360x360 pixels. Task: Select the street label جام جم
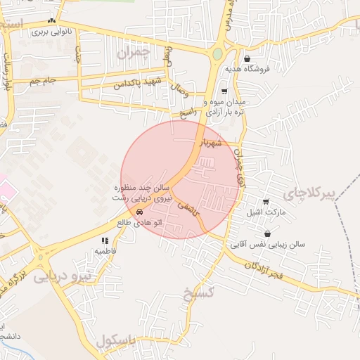[x=43, y=82]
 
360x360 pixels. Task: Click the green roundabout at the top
[x=217, y=53]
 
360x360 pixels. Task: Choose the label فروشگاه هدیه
[x=243, y=70]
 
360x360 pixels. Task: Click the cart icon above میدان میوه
[x=224, y=91]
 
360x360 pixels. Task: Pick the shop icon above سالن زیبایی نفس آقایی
[x=267, y=234]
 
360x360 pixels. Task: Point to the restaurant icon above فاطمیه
[x=105, y=240]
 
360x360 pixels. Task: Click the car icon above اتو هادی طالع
[x=141, y=211]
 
